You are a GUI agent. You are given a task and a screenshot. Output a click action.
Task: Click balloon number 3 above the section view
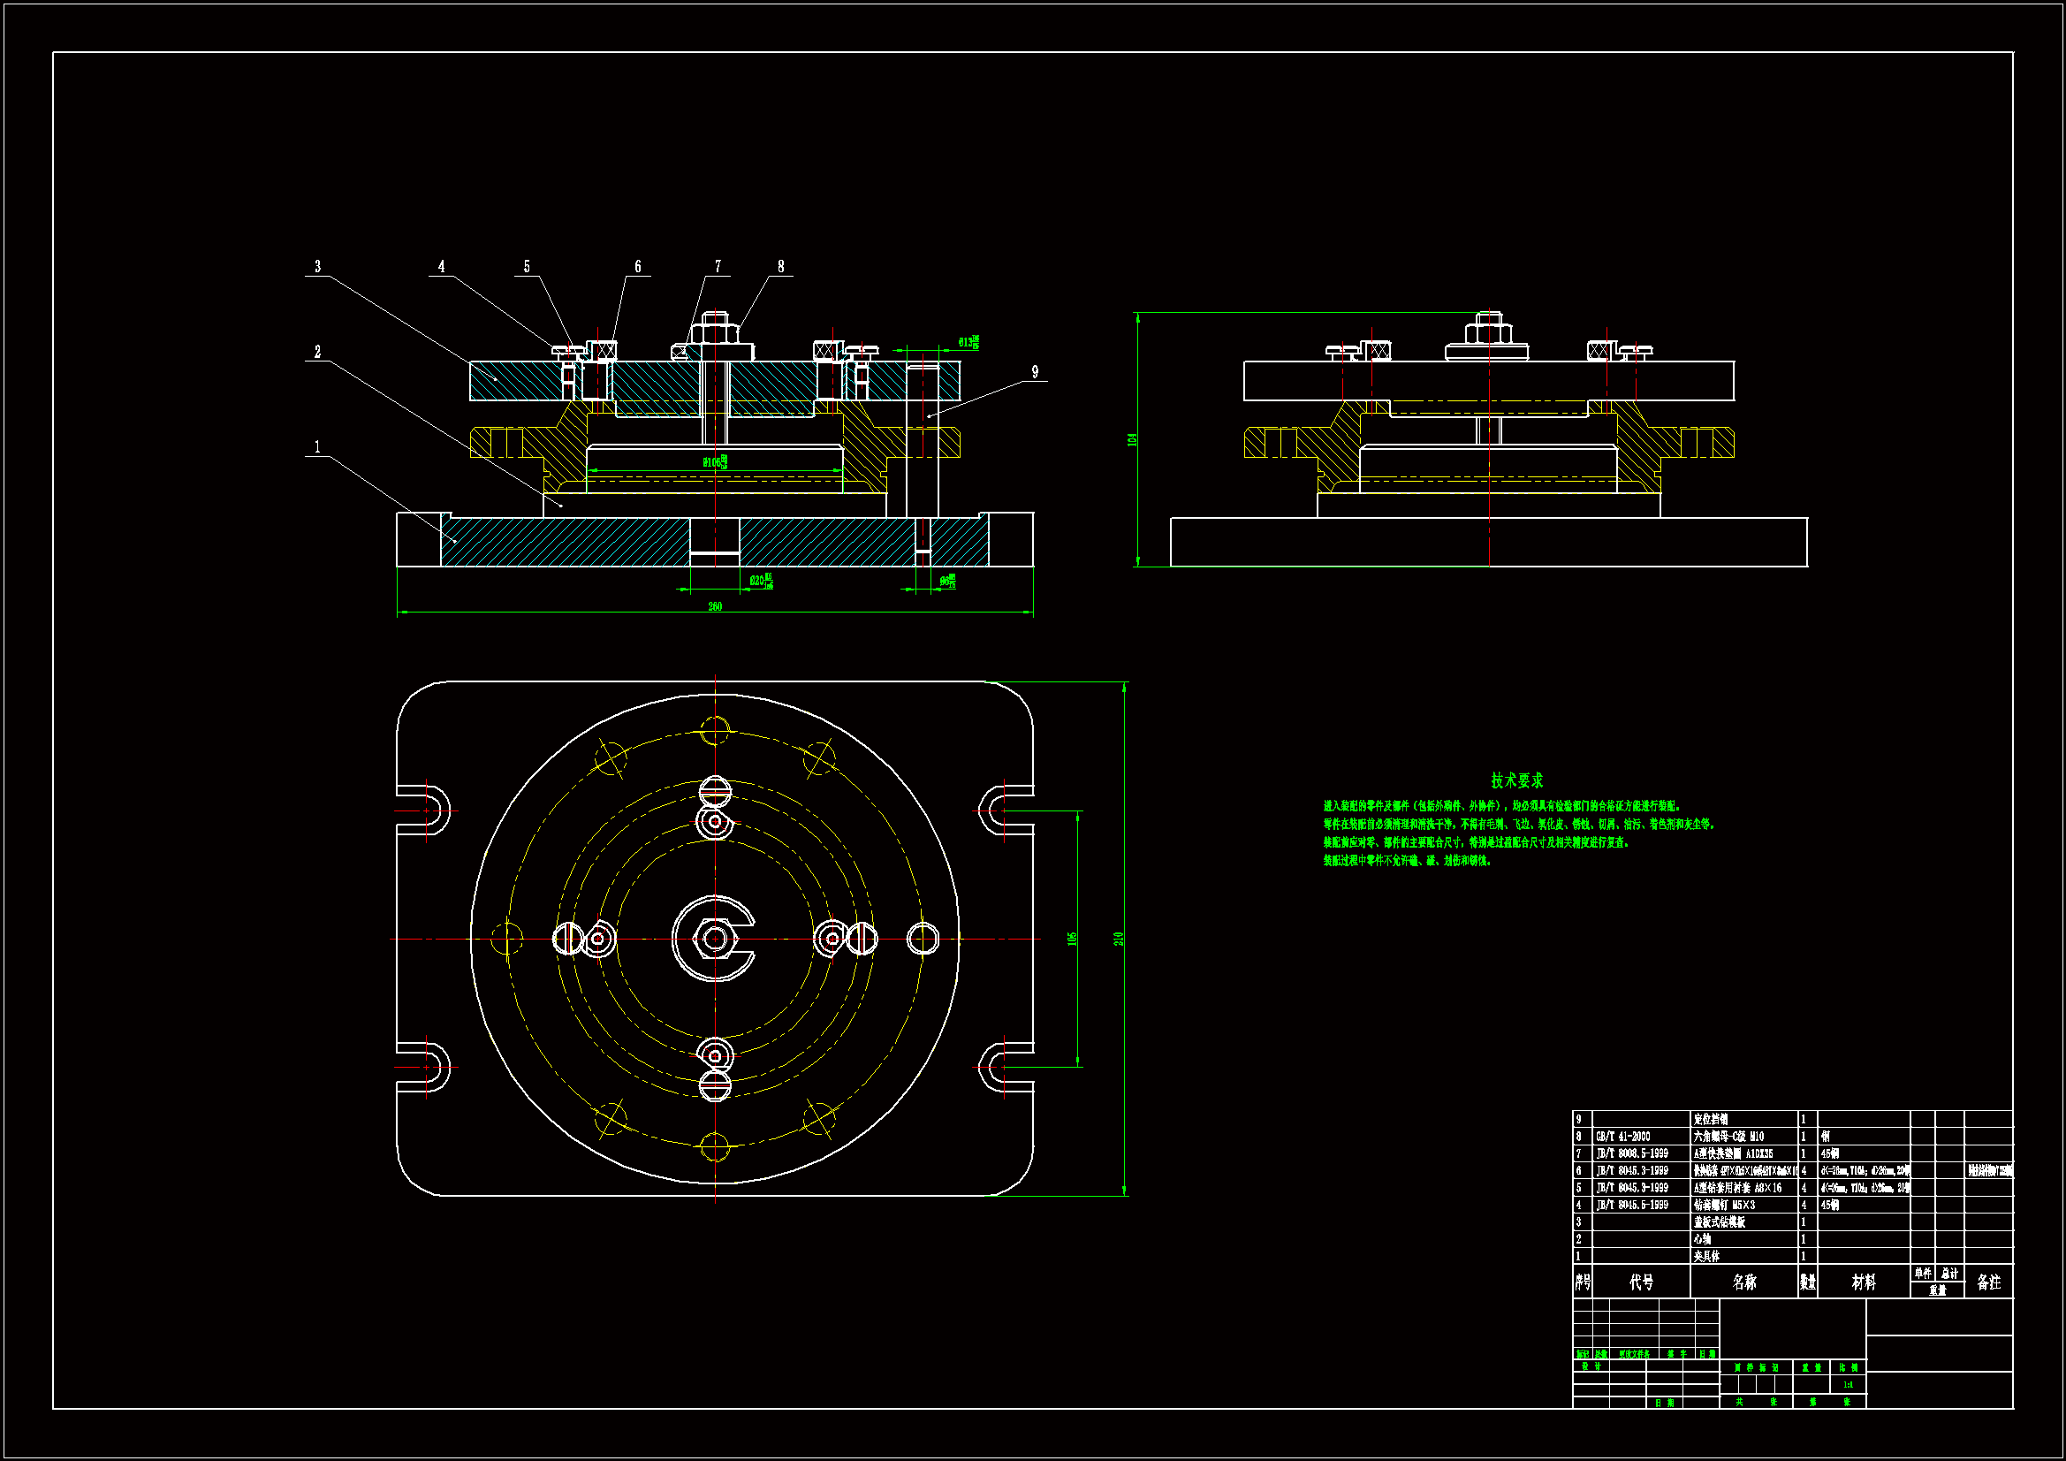[316, 266]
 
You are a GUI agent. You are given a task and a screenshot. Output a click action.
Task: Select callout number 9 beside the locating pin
[1035, 372]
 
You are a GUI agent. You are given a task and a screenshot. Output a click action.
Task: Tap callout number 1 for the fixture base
[316, 446]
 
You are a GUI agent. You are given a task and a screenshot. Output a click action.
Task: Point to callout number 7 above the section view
[718, 266]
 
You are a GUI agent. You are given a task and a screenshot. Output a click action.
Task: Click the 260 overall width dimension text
[715, 605]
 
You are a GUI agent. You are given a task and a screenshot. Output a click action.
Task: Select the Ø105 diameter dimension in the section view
[715, 461]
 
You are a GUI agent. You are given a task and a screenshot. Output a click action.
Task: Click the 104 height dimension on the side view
[1132, 439]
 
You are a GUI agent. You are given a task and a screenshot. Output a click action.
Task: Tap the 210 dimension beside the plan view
[1119, 938]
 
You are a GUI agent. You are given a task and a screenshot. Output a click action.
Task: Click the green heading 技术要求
[1516, 780]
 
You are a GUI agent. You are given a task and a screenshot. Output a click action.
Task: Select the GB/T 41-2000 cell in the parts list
[1622, 1137]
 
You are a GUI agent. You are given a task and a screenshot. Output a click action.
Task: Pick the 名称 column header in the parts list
[1743, 1282]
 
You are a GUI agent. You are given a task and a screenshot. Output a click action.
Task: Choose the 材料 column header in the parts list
[1863, 1282]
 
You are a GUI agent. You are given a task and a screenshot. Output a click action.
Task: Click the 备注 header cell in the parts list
[1988, 1282]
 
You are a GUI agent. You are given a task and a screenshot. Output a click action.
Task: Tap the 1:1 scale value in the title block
[1848, 1384]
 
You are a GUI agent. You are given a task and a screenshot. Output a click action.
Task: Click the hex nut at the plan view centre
[715, 939]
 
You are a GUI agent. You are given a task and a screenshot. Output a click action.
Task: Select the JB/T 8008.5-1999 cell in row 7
[1631, 1154]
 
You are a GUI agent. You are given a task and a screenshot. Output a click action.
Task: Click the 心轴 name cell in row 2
[1703, 1239]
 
